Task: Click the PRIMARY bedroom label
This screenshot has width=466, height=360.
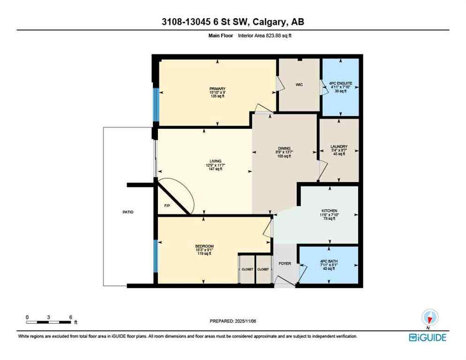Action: click(218, 89)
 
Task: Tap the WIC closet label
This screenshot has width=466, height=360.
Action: click(299, 85)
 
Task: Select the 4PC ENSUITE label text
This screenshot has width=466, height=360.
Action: click(340, 83)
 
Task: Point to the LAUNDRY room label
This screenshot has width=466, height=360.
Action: click(338, 147)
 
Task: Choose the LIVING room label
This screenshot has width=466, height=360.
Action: click(216, 161)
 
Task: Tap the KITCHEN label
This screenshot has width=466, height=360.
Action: click(330, 211)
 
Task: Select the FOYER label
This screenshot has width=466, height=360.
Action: click(285, 263)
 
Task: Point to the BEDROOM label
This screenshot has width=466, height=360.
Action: click(204, 247)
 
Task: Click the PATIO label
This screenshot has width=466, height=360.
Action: click(127, 212)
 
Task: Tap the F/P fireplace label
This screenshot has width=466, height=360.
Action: click(166, 206)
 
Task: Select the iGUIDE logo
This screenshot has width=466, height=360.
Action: click(427, 337)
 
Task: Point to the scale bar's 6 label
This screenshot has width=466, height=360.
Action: click(70, 317)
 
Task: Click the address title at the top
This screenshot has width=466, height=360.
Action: click(233, 22)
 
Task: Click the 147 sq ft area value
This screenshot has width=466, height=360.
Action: click(216, 169)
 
